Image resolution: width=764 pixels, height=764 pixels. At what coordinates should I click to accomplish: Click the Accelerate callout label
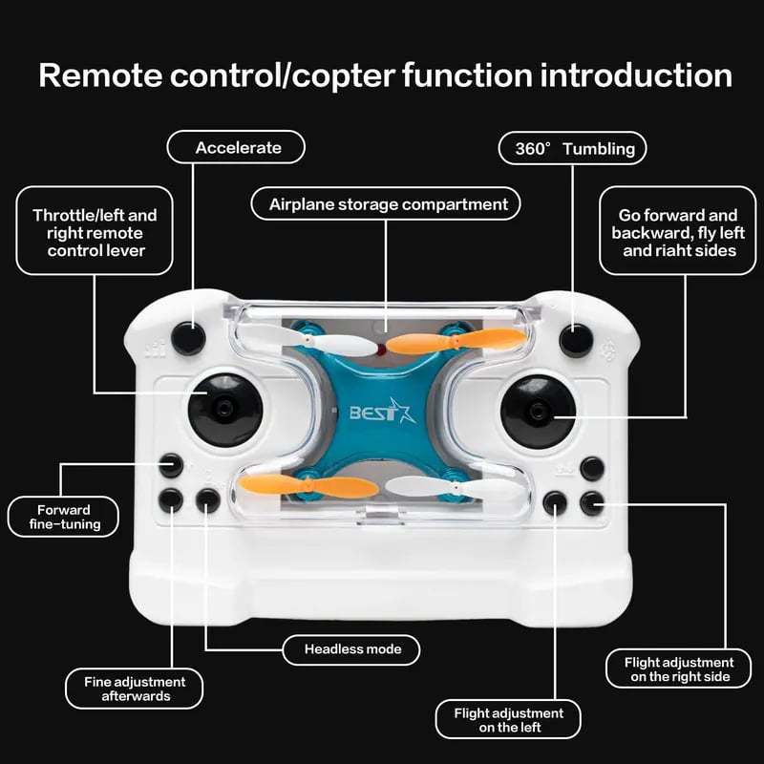[x=237, y=148]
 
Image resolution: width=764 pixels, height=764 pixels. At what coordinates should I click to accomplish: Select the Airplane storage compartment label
[x=387, y=204]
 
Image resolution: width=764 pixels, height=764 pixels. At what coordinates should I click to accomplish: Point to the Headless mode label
[x=353, y=649]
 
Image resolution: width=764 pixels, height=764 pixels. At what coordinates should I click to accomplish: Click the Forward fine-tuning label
[x=64, y=517]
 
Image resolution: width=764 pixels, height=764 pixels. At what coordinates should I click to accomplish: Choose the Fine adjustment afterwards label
[x=135, y=689]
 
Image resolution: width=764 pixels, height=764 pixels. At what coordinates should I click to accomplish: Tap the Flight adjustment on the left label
[x=508, y=719]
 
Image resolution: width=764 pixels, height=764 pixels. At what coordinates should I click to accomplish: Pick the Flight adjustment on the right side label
[x=678, y=668]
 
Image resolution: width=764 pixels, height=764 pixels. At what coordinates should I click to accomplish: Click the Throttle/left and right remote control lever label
[x=95, y=233]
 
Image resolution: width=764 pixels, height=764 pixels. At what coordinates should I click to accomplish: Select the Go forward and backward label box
[x=678, y=233]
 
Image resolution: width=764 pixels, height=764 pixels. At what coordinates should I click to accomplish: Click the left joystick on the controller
[x=224, y=409]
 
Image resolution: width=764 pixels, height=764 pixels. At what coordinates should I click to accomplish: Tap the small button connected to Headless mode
[x=207, y=499]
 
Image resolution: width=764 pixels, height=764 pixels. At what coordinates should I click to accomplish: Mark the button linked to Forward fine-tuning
[x=171, y=466]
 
